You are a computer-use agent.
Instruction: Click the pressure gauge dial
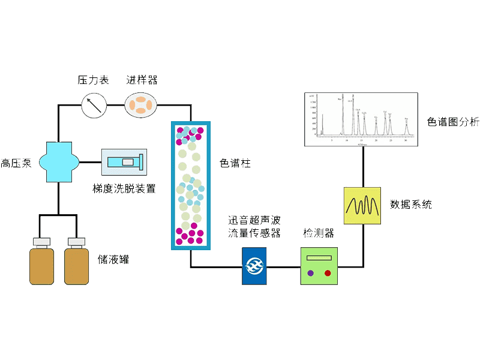click(94, 106)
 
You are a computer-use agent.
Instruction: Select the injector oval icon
click(141, 106)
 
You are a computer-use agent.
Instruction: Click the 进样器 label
click(142, 80)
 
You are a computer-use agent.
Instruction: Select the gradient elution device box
click(123, 163)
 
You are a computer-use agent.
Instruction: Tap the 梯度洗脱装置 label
click(124, 188)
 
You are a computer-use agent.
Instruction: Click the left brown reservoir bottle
click(41, 262)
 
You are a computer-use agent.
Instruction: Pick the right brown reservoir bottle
click(76, 262)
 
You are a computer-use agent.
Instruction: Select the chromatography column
click(190, 185)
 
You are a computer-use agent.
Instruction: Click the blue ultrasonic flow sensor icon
click(254, 266)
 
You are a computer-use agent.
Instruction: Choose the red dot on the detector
click(328, 273)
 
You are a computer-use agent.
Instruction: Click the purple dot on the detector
click(310, 273)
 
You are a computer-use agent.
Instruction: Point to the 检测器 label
click(319, 233)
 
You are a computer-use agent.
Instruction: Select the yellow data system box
click(363, 205)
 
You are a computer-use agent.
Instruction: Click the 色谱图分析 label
click(453, 122)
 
